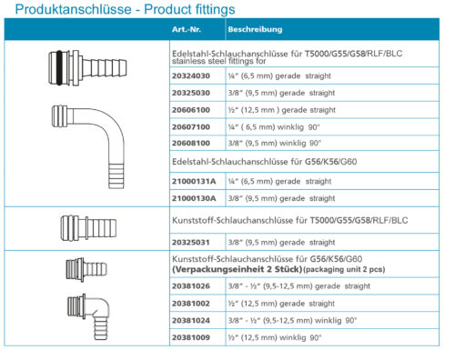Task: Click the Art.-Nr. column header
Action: (x=187, y=29)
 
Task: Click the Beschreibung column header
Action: (x=255, y=29)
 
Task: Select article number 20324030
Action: (x=191, y=75)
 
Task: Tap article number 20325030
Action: (x=191, y=93)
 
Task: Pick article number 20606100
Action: (x=191, y=110)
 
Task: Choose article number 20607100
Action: (x=191, y=127)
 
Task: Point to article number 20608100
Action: (x=191, y=143)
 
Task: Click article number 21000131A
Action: (x=194, y=181)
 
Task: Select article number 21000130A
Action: (x=194, y=198)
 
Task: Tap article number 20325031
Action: (x=191, y=243)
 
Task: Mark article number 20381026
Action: (x=191, y=286)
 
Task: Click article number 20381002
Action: (x=191, y=304)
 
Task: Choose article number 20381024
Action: (x=191, y=320)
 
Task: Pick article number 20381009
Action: (x=191, y=337)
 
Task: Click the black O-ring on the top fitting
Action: (x=59, y=67)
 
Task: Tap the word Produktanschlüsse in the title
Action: (x=73, y=9)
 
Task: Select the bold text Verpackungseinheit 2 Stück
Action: (x=238, y=269)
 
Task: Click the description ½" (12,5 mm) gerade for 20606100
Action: (x=268, y=110)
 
